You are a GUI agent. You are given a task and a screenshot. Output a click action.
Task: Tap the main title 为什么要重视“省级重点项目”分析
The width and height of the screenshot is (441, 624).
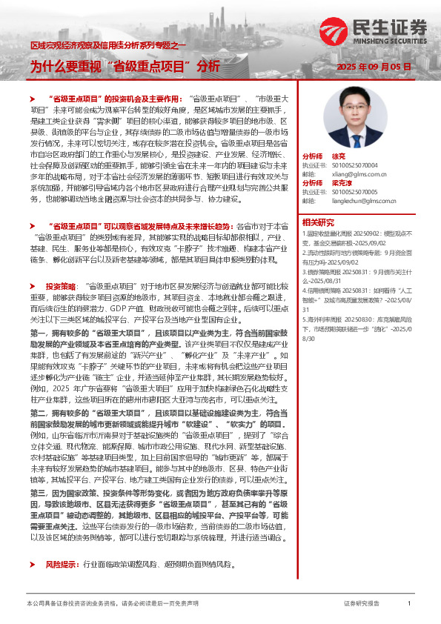pyautogui.click(x=125, y=66)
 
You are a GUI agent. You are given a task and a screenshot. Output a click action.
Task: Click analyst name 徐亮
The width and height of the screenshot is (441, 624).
pyautogui.click(x=338, y=157)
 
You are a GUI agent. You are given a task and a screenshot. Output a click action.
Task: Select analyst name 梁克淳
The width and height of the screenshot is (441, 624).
pyautogui.click(x=341, y=182)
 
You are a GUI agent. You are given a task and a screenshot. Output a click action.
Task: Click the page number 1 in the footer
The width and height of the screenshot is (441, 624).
pyautogui.click(x=409, y=604)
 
